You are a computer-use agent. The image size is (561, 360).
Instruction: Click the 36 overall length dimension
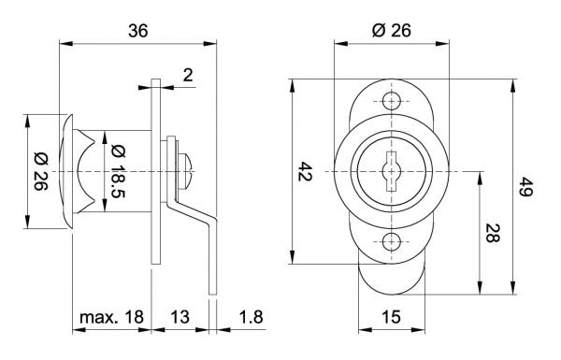(137, 31)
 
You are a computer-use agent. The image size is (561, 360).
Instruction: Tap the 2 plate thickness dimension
(188, 75)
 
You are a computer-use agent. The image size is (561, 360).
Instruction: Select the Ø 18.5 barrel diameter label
(118, 171)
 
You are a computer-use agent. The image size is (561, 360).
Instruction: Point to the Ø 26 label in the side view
(41, 171)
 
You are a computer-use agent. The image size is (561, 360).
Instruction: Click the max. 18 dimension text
(111, 317)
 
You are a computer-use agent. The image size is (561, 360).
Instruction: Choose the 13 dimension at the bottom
(180, 317)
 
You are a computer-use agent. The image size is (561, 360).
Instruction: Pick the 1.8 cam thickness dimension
(251, 317)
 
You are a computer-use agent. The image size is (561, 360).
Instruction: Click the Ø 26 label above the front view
(392, 31)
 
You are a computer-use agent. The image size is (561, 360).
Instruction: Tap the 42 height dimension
(305, 171)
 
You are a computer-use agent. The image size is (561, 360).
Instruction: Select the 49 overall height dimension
(525, 187)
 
